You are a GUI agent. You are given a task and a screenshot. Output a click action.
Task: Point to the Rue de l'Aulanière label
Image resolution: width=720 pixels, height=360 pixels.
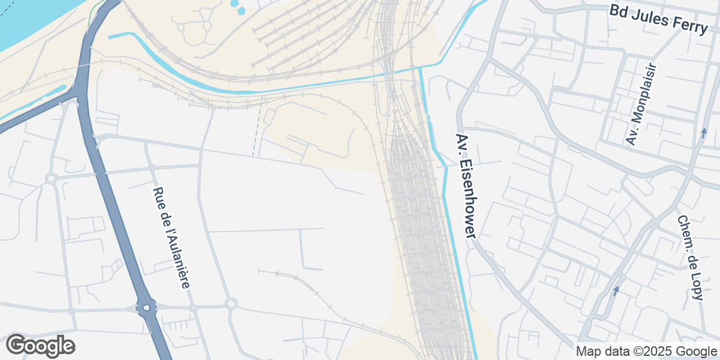(x=171, y=238)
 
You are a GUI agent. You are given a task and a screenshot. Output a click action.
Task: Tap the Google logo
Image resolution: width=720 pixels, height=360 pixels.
(x=40, y=346)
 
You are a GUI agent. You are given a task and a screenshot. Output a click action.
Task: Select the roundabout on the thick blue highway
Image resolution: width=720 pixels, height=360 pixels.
(x=146, y=308)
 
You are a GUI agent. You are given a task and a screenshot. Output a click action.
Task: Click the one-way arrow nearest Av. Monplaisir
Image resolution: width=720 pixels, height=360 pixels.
(x=704, y=133)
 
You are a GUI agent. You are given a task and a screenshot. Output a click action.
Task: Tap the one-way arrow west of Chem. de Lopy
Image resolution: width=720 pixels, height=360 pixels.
(x=616, y=290)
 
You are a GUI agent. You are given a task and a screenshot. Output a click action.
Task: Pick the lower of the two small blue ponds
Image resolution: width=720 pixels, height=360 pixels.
(x=241, y=10)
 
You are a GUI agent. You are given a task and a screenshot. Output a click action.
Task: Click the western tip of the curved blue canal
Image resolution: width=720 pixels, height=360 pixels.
(x=110, y=37)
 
